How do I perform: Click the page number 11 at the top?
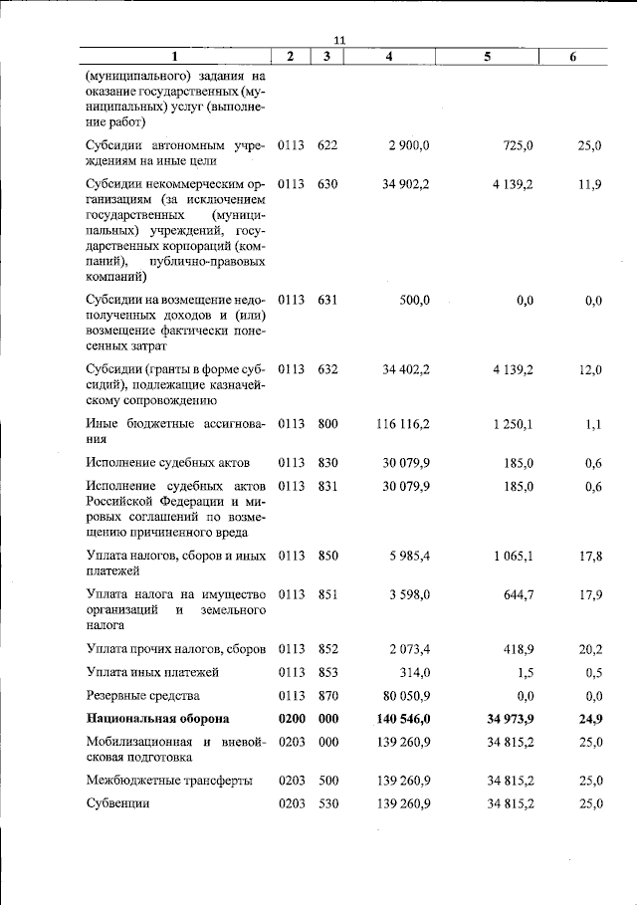point(338,39)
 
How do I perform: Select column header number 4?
point(388,57)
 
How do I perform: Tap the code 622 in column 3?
point(327,145)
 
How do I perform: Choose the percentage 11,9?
point(589,184)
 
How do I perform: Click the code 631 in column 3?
point(327,300)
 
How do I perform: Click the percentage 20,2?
point(589,649)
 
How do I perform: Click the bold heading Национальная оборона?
point(157,718)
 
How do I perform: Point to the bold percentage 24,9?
point(589,718)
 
